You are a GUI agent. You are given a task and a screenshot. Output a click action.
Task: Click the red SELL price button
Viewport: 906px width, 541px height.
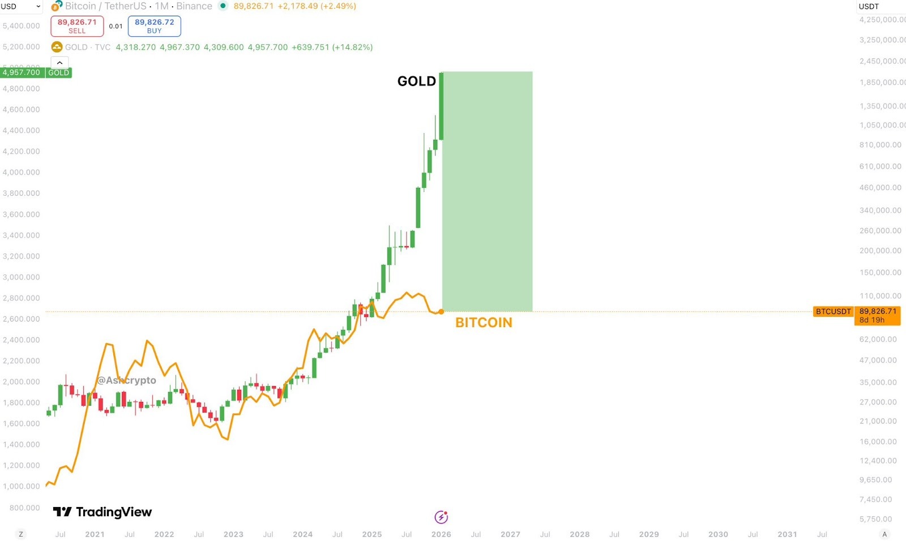coord(77,26)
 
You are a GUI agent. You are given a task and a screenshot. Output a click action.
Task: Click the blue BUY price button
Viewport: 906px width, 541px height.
coord(154,26)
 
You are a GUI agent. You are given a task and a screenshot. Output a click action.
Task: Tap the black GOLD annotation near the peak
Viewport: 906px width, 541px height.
coord(417,81)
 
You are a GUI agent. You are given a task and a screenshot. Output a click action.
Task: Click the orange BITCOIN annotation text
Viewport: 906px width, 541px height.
coord(484,323)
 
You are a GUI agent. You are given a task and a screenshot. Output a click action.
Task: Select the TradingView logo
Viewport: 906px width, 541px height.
coord(102,512)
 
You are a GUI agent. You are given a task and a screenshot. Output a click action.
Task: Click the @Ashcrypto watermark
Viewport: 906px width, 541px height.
coord(126,380)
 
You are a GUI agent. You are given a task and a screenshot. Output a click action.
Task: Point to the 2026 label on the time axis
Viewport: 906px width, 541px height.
coord(441,534)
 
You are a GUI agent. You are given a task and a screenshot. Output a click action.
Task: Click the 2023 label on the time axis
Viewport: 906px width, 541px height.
coord(233,534)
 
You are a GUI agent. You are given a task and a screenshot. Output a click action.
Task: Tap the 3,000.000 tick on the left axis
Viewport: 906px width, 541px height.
coord(22,277)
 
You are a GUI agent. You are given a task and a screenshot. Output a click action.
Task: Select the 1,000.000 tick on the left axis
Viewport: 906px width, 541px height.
coord(22,487)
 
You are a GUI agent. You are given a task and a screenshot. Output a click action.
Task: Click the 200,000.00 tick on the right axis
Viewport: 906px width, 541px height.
coord(880,251)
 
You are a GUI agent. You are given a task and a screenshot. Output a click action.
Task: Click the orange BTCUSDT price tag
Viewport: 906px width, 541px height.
coord(833,312)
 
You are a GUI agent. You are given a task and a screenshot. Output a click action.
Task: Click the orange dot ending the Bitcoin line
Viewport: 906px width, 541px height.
coord(441,312)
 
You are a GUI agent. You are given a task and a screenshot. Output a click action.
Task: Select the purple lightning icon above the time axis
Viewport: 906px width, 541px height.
coord(441,517)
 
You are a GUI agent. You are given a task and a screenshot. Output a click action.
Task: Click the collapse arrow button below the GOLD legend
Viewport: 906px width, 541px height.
coord(59,63)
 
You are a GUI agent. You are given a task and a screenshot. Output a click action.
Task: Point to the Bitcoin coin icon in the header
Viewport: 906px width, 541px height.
coord(57,6)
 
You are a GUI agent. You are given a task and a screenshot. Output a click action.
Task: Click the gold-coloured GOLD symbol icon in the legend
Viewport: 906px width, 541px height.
coord(57,47)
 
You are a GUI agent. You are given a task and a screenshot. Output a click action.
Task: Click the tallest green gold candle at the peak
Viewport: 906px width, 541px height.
coord(441,106)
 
